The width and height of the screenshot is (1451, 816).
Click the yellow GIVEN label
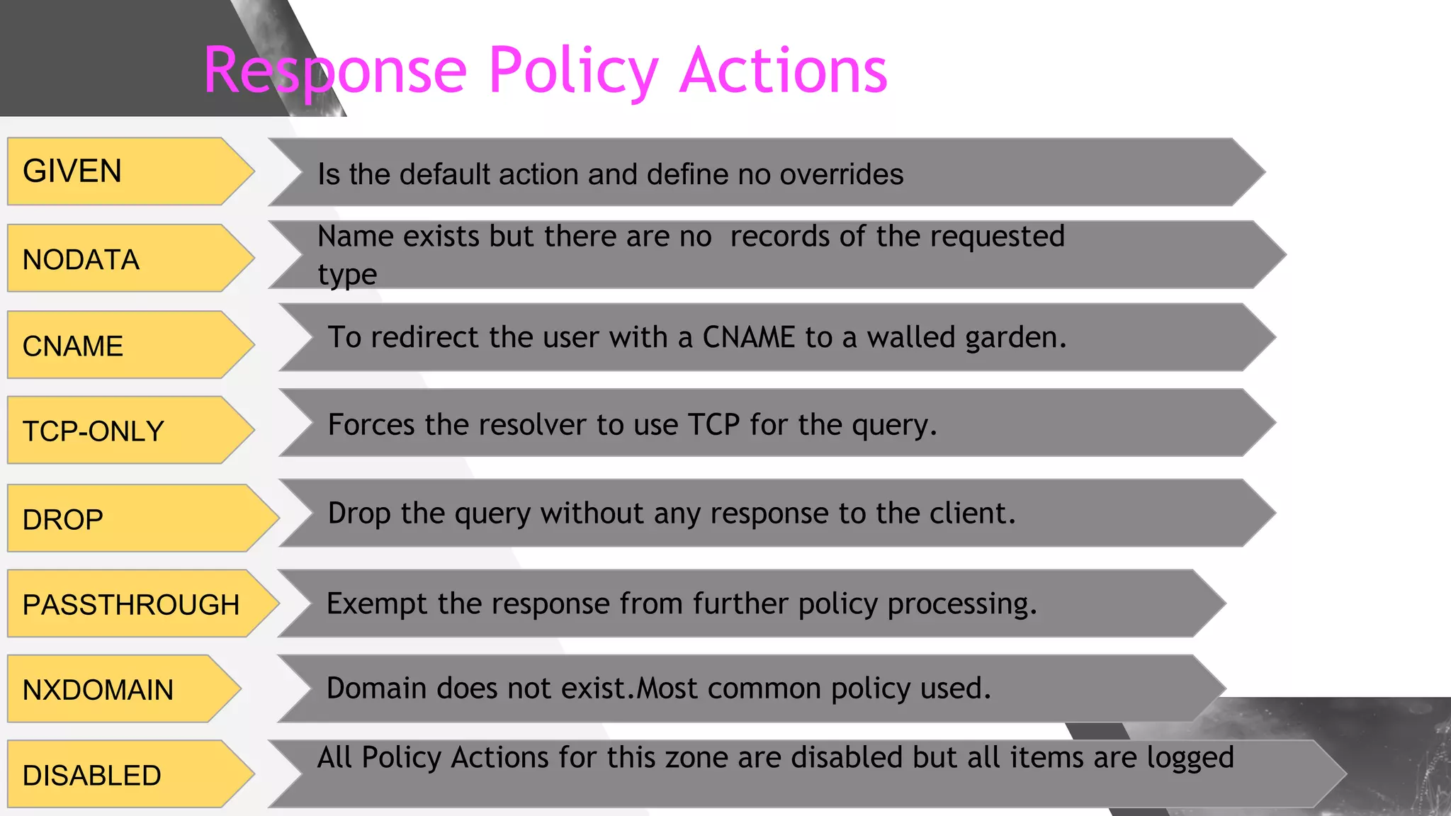click(72, 171)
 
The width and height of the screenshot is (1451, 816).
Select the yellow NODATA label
click(81, 260)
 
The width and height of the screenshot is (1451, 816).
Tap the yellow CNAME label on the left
click(73, 346)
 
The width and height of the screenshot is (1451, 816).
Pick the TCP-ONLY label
click(94, 431)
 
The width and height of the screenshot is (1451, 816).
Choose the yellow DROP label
click(63, 520)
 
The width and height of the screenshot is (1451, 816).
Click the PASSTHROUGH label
click(131, 605)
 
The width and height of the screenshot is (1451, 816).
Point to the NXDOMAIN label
click(98, 690)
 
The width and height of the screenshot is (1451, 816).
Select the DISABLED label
click(92, 776)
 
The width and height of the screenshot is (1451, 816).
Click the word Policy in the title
click(573, 71)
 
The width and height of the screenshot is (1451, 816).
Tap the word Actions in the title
click(783, 71)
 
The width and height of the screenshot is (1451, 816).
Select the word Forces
click(371, 425)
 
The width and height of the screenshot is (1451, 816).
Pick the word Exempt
click(377, 604)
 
